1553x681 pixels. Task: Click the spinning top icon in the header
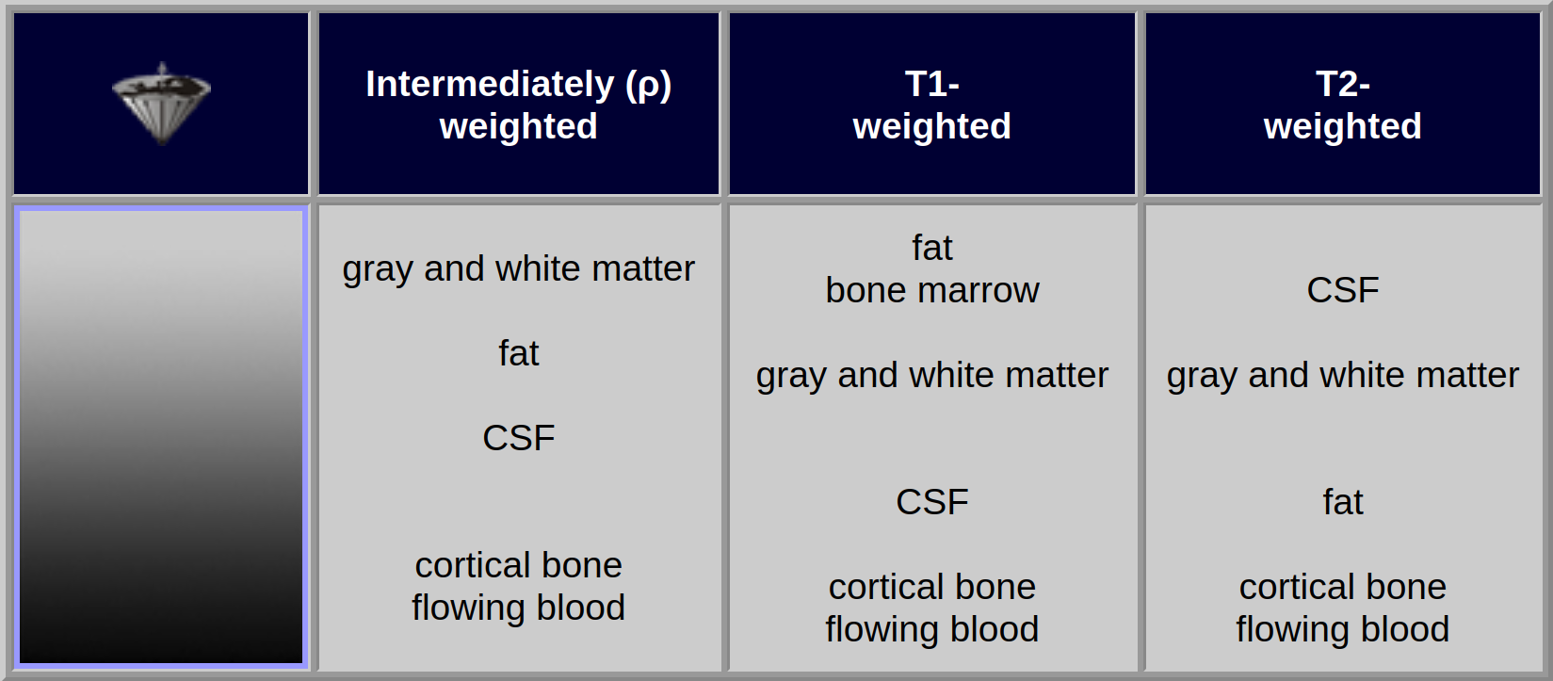click(x=162, y=104)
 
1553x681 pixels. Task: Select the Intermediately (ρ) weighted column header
click(x=519, y=104)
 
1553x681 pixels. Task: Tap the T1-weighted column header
click(x=931, y=104)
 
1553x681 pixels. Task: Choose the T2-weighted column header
click(x=1342, y=104)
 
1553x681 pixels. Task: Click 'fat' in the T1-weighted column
click(x=931, y=248)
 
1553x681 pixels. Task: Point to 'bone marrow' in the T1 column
click(x=931, y=290)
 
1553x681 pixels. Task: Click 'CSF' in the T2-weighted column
click(x=1342, y=290)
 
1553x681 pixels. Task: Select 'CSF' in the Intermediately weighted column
click(x=519, y=438)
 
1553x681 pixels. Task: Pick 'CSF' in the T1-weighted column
click(x=931, y=501)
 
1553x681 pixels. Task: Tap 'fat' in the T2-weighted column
click(x=1342, y=501)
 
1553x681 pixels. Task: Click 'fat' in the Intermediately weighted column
click(x=519, y=353)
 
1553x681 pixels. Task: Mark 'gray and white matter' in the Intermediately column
click(x=519, y=268)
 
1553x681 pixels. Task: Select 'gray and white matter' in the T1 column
click(x=931, y=375)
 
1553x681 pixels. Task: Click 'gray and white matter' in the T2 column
click(x=1342, y=375)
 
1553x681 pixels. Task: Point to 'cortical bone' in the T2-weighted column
click(x=1342, y=587)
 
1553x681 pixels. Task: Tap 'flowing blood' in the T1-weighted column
click(x=931, y=629)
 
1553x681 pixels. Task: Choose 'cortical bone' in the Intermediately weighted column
click(x=519, y=565)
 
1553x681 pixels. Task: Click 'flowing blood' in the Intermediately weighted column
click(x=519, y=608)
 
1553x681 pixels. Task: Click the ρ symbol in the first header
click(x=649, y=87)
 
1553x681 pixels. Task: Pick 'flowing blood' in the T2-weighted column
click(x=1342, y=629)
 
